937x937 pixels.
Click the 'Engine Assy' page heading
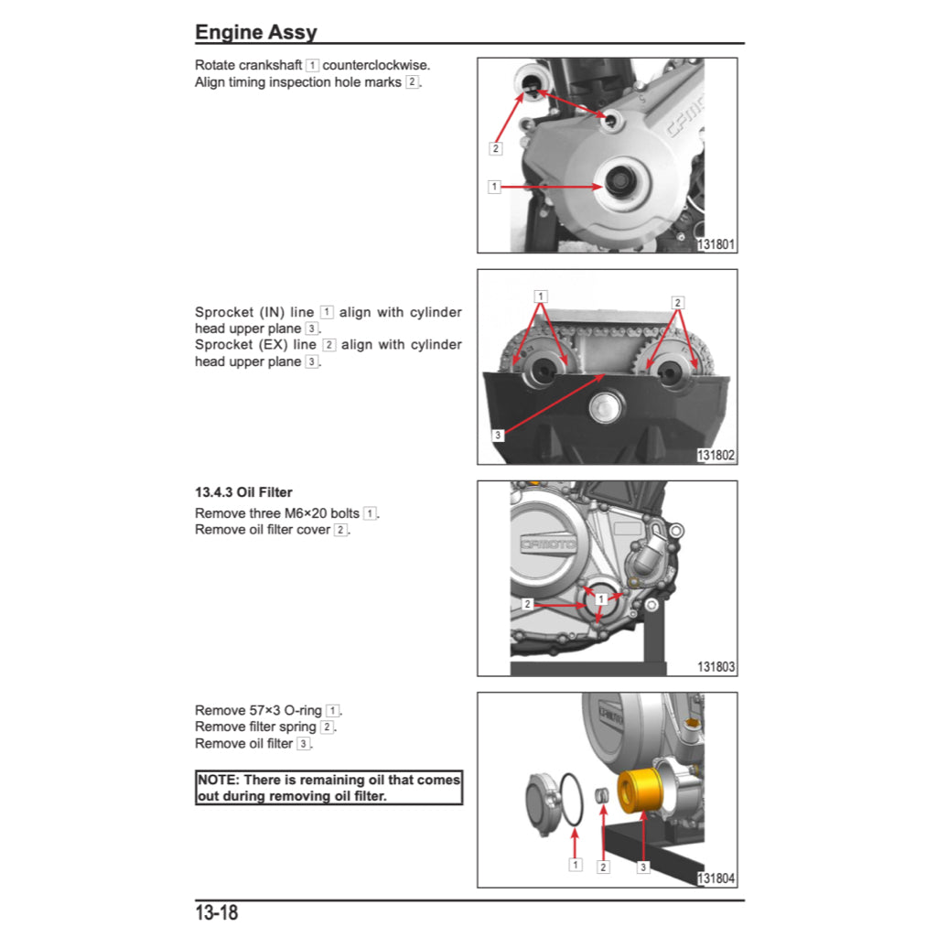pyautogui.click(x=256, y=33)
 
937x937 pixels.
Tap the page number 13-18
pyautogui.click(x=217, y=912)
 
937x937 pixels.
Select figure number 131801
pyautogui.click(x=716, y=244)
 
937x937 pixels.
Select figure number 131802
pyautogui.click(x=716, y=456)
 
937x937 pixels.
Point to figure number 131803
pyautogui.click(x=716, y=667)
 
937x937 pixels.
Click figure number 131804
pyautogui.click(x=716, y=878)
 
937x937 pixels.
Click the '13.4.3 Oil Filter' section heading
pyautogui.click(x=243, y=492)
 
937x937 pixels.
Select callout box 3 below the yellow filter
pyautogui.click(x=643, y=867)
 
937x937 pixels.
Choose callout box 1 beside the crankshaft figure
pyautogui.click(x=494, y=187)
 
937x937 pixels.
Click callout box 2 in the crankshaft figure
pyautogui.click(x=495, y=147)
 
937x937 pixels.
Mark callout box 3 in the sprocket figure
pyautogui.click(x=498, y=436)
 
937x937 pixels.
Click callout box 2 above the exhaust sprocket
pyautogui.click(x=677, y=303)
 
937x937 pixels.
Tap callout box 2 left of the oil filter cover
pyautogui.click(x=528, y=604)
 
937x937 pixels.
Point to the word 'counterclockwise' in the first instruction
pyautogui.click(x=376, y=66)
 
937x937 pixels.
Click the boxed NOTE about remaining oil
pyautogui.click(x=328, y=788)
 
